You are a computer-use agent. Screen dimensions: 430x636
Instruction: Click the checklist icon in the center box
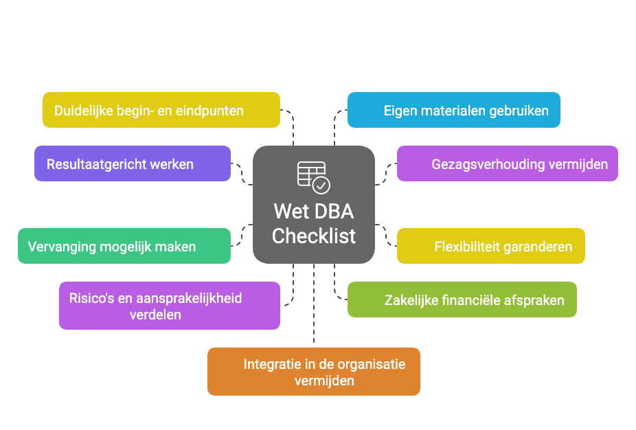coord(313,177)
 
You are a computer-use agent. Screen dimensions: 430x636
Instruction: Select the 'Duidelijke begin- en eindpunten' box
coord(161,110)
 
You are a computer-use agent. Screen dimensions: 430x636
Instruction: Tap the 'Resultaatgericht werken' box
coord(133,163)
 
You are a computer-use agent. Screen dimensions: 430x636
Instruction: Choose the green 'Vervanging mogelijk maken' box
coord(124,246)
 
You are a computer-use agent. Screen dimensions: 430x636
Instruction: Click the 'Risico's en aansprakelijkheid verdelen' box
coord(170,306)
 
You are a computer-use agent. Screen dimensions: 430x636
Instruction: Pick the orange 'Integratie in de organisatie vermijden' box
coord(313,372)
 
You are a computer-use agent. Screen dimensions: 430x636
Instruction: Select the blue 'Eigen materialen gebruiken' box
coord(453,110)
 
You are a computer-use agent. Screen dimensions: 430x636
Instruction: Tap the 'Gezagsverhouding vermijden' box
coord(507,163)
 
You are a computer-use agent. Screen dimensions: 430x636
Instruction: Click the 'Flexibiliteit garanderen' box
coord(490,246)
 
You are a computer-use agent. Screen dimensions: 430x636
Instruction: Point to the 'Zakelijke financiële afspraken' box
coord(462,299)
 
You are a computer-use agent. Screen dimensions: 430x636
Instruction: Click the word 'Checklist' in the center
coord(314,236)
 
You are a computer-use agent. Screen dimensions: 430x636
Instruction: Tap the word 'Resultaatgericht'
coord(95,164)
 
